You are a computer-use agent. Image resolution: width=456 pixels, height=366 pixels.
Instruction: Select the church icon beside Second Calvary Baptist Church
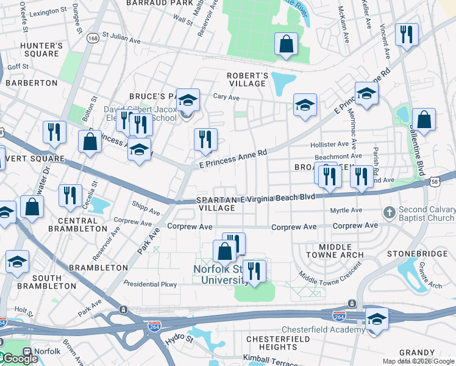(x=390, y=213)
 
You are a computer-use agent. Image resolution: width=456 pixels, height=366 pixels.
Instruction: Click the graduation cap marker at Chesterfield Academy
(x=376, y=320)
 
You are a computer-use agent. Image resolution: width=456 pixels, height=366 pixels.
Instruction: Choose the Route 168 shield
(x=93, y=38)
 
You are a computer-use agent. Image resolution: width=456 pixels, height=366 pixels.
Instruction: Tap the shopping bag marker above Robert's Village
(x=286, y=44)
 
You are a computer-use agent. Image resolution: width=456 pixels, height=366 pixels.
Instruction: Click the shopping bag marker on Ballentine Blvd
(x=424, y=120)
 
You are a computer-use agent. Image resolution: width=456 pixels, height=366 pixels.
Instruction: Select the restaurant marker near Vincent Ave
(x=406, y=35)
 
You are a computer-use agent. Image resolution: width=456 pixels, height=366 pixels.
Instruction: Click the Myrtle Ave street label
(x=346, y=210)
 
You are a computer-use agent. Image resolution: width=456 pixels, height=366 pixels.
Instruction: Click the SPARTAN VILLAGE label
(x=217, y=204)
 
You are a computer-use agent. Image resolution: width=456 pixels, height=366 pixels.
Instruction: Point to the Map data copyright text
(x=418, y=361)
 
